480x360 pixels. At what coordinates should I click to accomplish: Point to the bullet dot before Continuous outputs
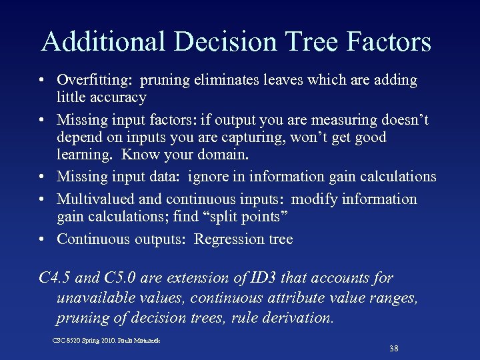click(x=42, y=239)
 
